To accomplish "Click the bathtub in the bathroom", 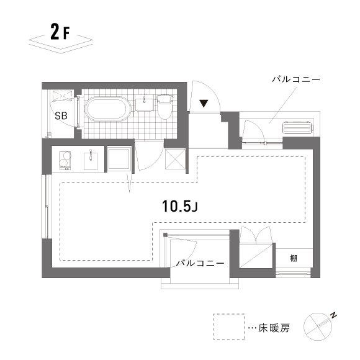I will coord(107,110).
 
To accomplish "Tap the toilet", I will coord(164,107).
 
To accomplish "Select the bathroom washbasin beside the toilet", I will coord(145,102).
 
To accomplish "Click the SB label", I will coord(61,115).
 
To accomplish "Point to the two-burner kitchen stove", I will coord(63,161).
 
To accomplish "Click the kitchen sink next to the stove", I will coord(91,160).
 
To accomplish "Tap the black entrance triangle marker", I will coord(203,104).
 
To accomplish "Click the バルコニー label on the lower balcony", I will coord(199,263).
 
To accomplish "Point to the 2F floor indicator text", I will coord(60,33).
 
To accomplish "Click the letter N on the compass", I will coord(333,317).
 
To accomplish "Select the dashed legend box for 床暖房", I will coord(228,327).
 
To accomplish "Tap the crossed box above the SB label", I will coord(62,95).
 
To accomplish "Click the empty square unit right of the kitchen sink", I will coord(118,160).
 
